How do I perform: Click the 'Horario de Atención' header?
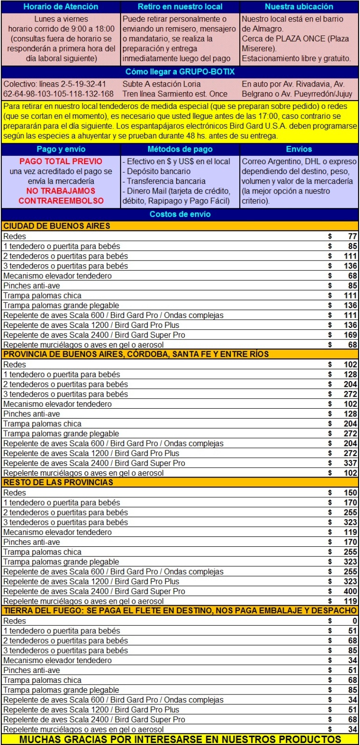point(61,7)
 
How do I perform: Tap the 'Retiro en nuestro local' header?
point(180,7)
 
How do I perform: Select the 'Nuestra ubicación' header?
point(299,7)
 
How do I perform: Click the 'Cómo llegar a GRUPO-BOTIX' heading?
point(180,72)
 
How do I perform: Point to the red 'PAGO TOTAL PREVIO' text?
point(61,161)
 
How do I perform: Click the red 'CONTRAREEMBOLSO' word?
point(61,201)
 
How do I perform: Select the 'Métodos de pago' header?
point(180,149)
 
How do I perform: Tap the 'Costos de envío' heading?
point(180,214)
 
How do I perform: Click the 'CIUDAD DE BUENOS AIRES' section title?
point(57,226)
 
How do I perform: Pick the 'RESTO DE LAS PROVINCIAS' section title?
point(58,482)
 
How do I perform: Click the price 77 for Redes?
point(352,236)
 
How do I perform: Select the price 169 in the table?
point(350,335)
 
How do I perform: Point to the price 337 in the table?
point(350,463)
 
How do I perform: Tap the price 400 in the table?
point(350,591)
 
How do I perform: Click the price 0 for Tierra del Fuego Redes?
point(354,621)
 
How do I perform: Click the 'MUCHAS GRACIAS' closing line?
point(180,739)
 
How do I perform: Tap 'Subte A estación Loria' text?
point(161,84)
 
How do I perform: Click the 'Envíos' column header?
point(299,149)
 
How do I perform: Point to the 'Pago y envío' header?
point(61,149)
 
